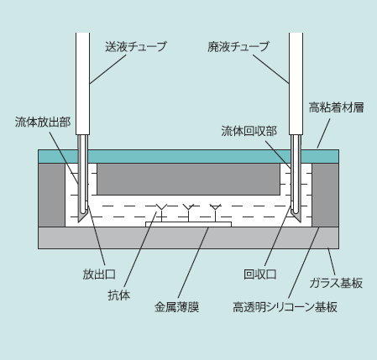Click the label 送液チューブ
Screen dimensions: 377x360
(136, 46)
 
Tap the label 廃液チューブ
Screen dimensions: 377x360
(238, 46)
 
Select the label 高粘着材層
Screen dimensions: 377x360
(337, 107)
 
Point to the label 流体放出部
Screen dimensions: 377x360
(43, 122)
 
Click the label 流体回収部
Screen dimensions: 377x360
(249, 131)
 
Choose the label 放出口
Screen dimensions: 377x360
(99, 274)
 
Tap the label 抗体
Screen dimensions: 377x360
(119, 295)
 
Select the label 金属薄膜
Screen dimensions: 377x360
(176, 307)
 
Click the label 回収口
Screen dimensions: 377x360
(260, 274)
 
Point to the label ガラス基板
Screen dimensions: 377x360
(336, 283)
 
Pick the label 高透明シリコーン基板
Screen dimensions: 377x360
(285, 307)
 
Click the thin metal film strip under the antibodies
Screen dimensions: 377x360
(188, 224)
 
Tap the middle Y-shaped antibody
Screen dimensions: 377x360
(188, 212)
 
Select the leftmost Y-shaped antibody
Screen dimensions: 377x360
(161, 212)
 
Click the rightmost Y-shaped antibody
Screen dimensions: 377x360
(215, 212)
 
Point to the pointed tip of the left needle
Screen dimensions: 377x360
(79, 222)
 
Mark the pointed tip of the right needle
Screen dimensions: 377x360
(301, 222)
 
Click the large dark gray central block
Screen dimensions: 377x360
(188, 180)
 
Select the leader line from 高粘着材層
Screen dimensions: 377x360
(323, 133)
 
